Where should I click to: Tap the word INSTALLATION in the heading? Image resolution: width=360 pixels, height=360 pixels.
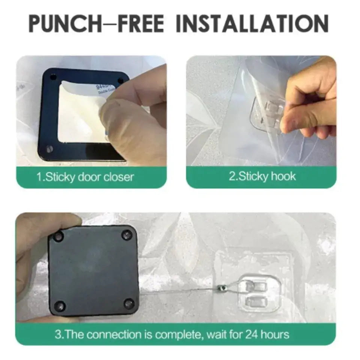click(252, 23)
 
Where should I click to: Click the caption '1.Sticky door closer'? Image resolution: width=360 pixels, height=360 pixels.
click(85, 177)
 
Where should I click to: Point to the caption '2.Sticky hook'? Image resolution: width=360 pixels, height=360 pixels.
click(262, 176)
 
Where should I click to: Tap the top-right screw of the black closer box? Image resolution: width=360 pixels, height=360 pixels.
click(126, 235)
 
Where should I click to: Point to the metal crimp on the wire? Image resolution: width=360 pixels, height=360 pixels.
click(220, 288)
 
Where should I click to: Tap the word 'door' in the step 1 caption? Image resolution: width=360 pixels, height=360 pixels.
click(90, 177)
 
